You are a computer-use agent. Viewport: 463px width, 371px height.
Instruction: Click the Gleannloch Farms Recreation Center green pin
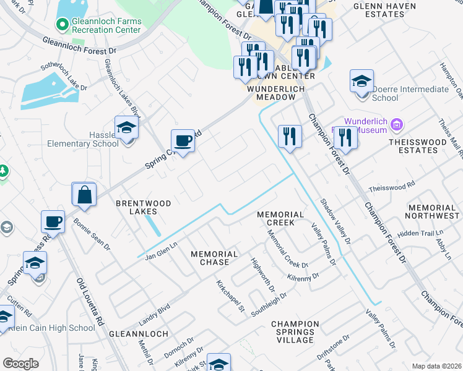point(61,25)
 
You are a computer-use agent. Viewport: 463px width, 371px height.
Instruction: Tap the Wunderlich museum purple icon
point(396,126)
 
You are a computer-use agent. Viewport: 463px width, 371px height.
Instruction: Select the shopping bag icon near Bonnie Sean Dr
point(84,195)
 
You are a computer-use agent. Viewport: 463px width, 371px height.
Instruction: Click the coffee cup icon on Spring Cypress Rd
point(183,141)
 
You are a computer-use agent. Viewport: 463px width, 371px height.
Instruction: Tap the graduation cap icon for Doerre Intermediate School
point(361,82)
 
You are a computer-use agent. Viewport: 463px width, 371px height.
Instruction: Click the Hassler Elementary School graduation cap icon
point(126,129)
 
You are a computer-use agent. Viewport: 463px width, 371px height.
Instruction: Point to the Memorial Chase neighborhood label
point(214,259)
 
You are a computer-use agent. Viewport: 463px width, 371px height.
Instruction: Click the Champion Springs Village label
point(295,332)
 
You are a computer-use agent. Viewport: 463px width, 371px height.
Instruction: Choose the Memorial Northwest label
point(432,211)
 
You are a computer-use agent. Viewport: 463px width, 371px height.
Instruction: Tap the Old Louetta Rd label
point(89,302)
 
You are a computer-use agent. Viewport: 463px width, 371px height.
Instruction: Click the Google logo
point(20,364)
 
